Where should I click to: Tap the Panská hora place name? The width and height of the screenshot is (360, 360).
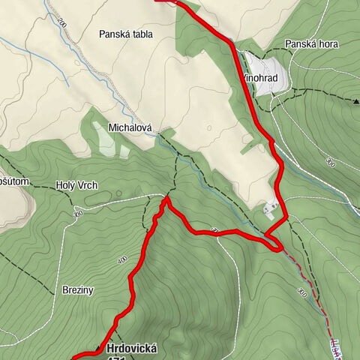pyautogui.click(x=311, y=44)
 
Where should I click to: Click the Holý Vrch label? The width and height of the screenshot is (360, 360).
pyautogui.click(x=76, y=186)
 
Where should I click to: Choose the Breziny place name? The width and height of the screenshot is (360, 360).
pyautogui.click(x=77, y=289)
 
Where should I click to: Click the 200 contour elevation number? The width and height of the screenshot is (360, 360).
pyautogui.click(x=61, y=25)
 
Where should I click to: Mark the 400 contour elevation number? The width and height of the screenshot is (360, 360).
pyautogui.click(x=123, y=259)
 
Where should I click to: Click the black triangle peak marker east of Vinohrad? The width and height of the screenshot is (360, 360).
pyautogui.click(x=356, y=98)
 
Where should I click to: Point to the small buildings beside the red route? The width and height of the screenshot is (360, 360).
pyautogui.click(x=270, y=208)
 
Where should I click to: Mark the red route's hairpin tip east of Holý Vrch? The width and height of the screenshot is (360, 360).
pyautogui.click(x=166, y=199)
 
